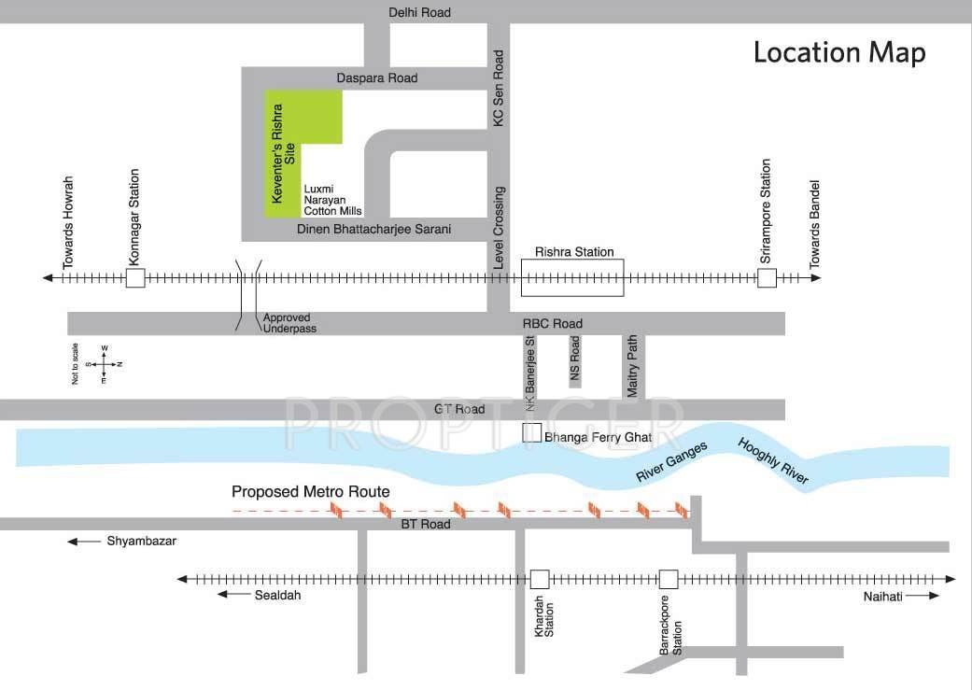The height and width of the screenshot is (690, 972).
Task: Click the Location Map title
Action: coord(838,52)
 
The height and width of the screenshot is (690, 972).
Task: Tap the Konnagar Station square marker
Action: coord(135,278)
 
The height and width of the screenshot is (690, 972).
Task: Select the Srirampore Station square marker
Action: coord(766,278)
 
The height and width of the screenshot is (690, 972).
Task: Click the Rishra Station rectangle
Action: coord(571,278)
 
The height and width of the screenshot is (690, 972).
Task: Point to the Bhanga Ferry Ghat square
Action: coord(531,433)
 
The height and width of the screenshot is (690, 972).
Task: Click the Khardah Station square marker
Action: coord(539,579)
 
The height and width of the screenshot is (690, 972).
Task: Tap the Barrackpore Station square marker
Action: coord(668,579)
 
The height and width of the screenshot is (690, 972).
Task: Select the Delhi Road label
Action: coord(420,12)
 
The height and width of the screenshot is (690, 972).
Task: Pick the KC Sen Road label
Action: coord(499,89)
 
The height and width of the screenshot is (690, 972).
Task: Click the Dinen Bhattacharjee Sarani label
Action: coord(373,229)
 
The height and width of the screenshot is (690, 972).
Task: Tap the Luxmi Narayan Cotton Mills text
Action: coord(332,199)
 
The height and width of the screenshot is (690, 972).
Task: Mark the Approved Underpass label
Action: coord(289,323)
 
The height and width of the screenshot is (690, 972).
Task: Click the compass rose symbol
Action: coord(104,363)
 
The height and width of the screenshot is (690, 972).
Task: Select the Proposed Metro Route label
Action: coord(311,491)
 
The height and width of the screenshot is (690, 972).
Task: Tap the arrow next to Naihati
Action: coord(923,596)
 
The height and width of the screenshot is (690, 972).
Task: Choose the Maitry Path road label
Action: coord(633,367)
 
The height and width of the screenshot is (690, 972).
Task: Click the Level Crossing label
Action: coord(500,230)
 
